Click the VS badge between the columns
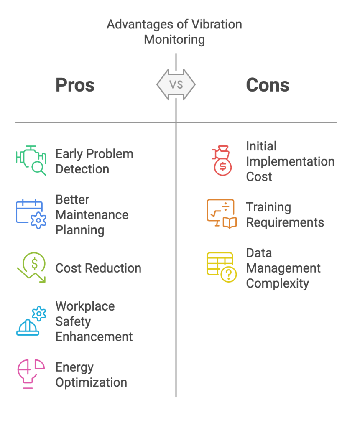click(x=176, y=84)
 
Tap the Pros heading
click(x=75, y=85)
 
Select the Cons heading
click(x=268, y=85)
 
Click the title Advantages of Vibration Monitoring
click(x=174, y=32)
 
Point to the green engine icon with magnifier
click(x=31, y=160)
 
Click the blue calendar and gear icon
click(x=31, y=214)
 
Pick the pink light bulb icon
click(x=31, y=374)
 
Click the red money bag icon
click(x=222, y=160)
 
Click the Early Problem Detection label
click(x=94, y=161)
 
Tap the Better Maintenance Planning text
click(x=92, y=215)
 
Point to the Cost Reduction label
click(x=98, y=268)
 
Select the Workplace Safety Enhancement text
click(x=94, y=321)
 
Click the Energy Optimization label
click(x=91, y=375)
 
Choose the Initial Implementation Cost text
click(x=290, y=161)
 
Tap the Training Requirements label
click(x=285, y=215)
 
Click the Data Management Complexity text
click(x=283, y=268)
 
